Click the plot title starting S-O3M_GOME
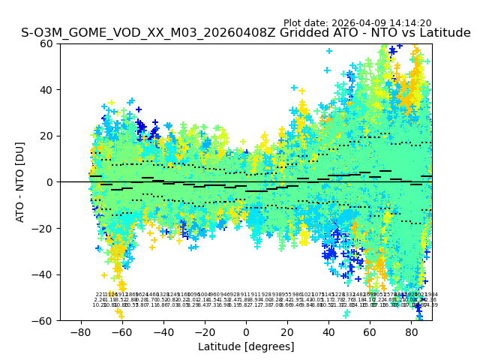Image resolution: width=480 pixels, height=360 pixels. (x=246, y=33)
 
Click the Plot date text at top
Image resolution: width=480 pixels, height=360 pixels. (x=357, y=23)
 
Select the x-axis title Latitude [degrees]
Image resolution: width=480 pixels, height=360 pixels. (x=246, y=346)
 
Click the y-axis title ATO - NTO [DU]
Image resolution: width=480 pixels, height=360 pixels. (x=20, y=181)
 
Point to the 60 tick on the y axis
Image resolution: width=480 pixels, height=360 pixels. (x=46, y=43)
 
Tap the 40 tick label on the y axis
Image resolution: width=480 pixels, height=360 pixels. (x=46, y=90)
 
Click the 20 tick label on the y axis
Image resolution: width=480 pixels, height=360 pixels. (x=46, y=136)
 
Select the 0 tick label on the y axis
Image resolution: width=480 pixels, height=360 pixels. (x=49, y=182)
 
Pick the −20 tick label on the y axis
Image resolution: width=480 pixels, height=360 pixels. (x=43, y=228)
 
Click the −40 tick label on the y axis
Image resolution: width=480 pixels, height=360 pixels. (x=43, y=274)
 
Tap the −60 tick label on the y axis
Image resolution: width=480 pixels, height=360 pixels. (x=43, y=320)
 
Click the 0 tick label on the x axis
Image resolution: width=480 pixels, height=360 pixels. (x=246, y=331)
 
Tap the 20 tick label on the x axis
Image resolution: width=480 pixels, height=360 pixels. (x=287, y=331)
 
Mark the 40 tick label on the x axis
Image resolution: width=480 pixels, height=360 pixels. (x=328, y=331)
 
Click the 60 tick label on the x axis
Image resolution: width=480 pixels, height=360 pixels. (x=370, y=331)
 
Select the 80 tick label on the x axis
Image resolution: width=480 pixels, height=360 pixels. (x=412, y=331)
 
